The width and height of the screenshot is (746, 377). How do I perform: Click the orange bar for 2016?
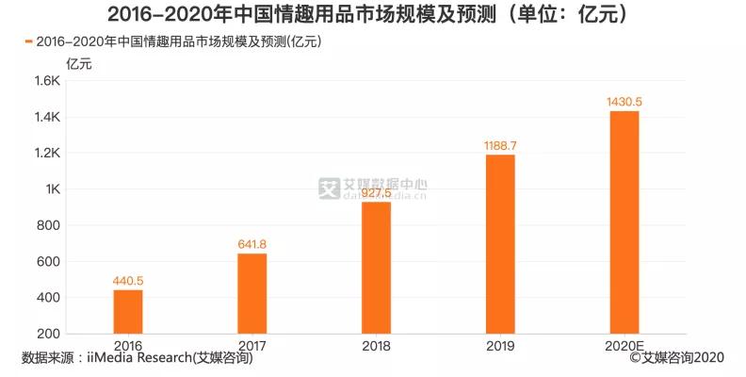[x=128, y=311]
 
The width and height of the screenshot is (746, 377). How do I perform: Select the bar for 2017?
[x=251, y=293]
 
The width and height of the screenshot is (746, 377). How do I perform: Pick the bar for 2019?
[x=500, y=244]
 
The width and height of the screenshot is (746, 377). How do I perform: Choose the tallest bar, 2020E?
[x=624, y=222]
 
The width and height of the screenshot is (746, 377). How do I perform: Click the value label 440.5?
[x=128, y=280]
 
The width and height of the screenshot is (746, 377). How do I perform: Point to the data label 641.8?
[x=251, y=244]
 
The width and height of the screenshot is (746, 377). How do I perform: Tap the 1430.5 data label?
[x=624, y=102]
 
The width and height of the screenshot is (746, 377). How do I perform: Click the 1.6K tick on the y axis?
[x=47, y=82]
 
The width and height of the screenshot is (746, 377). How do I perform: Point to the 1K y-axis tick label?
[x=52, y=189]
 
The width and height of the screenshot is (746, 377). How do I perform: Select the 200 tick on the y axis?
[x=49, y=334]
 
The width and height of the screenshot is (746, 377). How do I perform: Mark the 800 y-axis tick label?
[x=49, y=225]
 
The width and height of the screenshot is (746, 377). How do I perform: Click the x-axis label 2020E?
[x=624, y=346]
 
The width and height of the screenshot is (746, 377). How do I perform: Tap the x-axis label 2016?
[x=128, y=346]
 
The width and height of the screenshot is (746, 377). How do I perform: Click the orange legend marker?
[x=28, y=41]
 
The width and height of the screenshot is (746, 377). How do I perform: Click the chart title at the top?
[x=372, y=14]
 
